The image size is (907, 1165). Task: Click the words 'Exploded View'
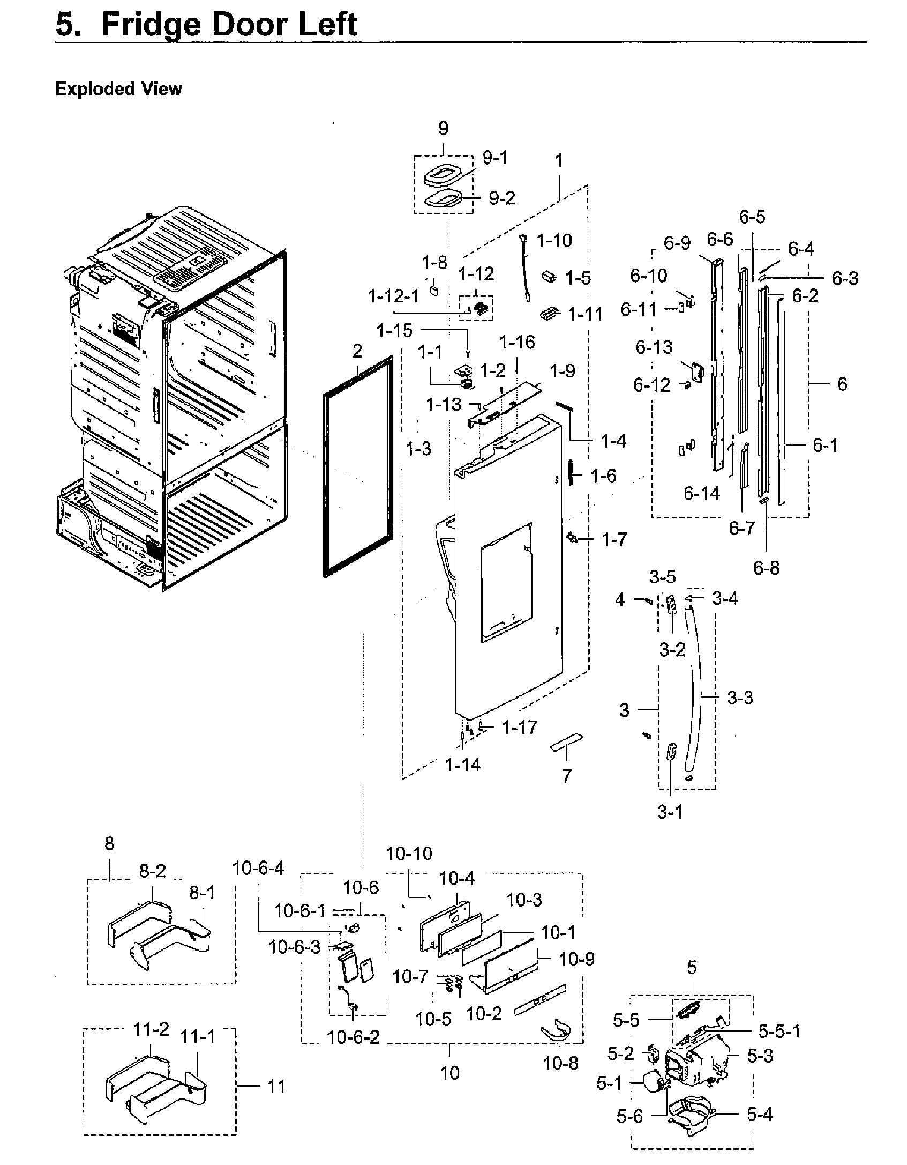point(118,88)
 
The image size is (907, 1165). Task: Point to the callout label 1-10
point(554,241)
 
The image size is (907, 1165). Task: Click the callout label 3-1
point(670,812)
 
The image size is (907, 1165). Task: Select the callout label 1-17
point(519,728)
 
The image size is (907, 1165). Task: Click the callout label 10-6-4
point(258,867)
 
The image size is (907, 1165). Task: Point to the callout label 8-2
point(153,871)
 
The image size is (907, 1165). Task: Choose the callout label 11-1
point(198,1037)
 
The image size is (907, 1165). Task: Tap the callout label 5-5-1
point(779,1030)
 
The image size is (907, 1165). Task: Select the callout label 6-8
point(766,568)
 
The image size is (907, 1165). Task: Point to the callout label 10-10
point(409,854)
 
